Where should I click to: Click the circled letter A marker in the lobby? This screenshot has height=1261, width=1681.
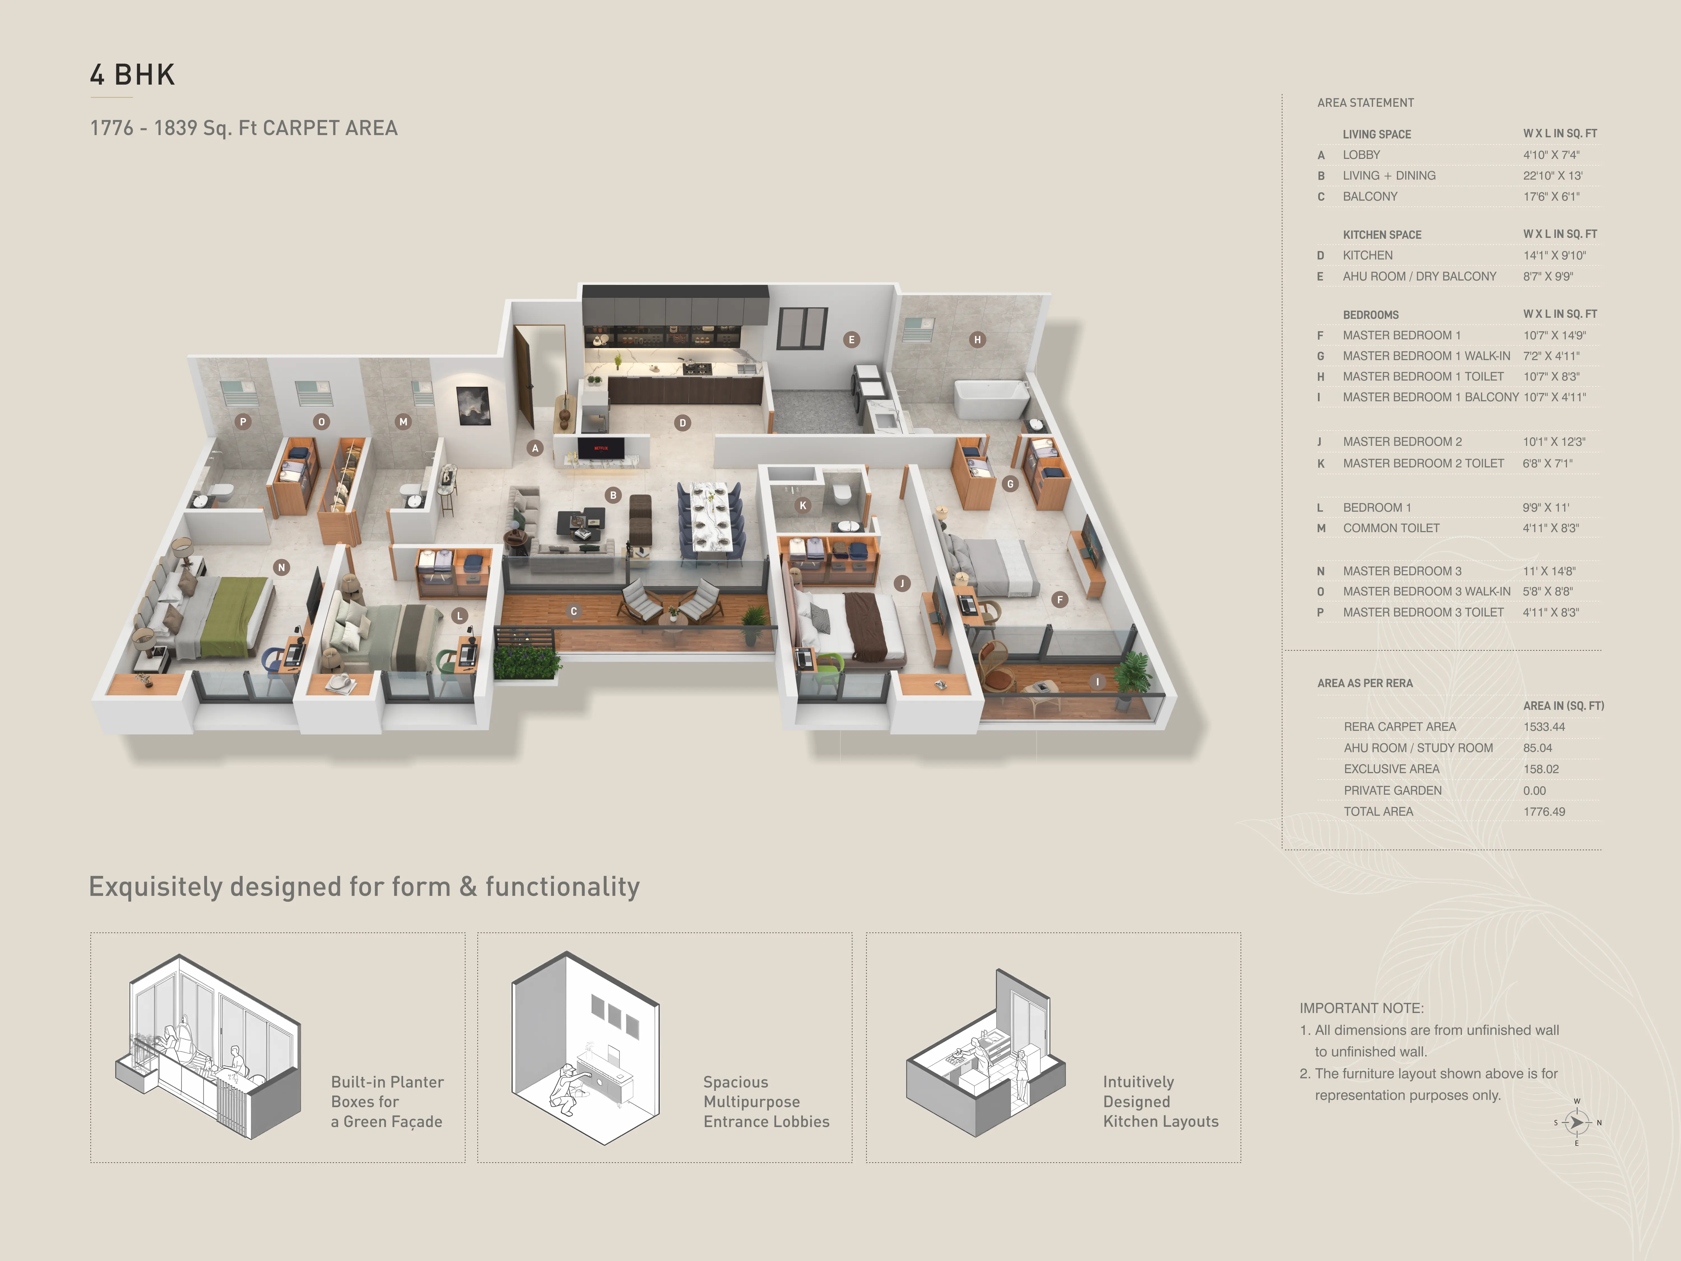coord(535,448)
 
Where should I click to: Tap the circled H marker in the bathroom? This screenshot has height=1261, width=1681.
coord(977,340)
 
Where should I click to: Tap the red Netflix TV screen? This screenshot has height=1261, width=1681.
coord(600,448)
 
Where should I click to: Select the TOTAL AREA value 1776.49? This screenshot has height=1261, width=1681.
coord(1544,812)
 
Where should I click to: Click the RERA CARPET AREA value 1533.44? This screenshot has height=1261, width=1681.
coord(1544,727)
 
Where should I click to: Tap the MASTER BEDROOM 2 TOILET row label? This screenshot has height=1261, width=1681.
coord(1423,463)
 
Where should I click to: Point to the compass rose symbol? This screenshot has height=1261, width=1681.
coord(1577,1122)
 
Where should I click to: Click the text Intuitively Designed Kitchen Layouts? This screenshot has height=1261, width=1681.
coord(1160,1101)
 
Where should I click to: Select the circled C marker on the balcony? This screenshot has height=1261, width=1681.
coord(574,611)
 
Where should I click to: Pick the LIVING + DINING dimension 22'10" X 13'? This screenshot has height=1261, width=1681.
coord(1553,176)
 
